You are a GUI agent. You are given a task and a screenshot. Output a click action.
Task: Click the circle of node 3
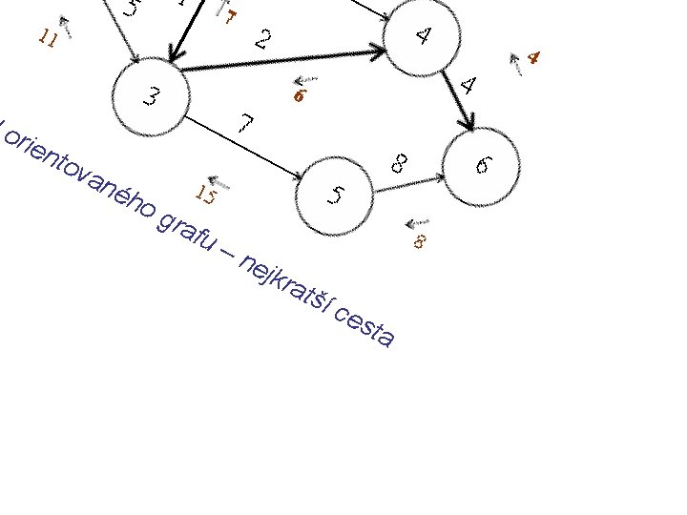point(151,97)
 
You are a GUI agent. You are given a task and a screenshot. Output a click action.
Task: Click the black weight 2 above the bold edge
point(265,39)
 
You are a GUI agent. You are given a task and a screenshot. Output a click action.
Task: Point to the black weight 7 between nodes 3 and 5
point(246,125)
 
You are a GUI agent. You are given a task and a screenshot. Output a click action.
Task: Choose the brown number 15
point(207,196)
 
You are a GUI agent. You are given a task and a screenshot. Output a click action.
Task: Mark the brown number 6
point(300,96)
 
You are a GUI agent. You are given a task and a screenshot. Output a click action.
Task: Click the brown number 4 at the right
point(533,58)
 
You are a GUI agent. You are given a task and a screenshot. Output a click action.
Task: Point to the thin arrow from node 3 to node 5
point(243,148)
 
